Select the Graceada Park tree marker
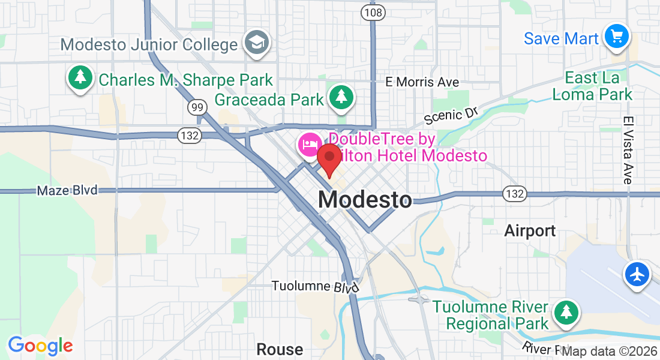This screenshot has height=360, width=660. click(341, 97)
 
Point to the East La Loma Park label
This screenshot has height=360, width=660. click(599, 86)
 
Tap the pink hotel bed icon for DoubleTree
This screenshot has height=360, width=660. click(310, 145)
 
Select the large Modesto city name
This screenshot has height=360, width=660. click(365, 200)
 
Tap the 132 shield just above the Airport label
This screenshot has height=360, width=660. click(515, 194)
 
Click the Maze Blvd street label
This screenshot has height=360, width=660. click(67, 191)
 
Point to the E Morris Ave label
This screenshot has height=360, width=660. click(422, 82)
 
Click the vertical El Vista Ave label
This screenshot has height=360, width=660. click(628, 150)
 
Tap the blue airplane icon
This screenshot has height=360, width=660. click(637, 274)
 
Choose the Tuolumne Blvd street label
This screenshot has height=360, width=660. click(315, 286)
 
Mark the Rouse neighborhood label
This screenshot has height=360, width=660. click(280, 349)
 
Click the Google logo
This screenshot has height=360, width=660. click(40, 346)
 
